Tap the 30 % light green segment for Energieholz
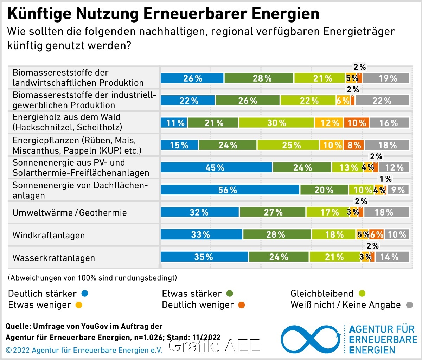[x=276, y=123]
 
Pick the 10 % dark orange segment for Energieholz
[x=357, y=123]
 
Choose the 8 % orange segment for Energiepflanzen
[x=354, y=145]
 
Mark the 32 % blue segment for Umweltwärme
[x=200, y=212]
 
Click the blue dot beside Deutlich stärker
[x=84, y=294]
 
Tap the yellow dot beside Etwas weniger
[x=78, y=305]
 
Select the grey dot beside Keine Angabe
[x=409, y=305]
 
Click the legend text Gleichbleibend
[x=322, y=294]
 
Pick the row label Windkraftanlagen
[x=49, y=235]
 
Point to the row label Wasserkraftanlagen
[x=53, y=258]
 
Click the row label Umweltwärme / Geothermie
[x=69, y=213]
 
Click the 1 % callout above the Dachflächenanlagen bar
[x=385, y=179]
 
